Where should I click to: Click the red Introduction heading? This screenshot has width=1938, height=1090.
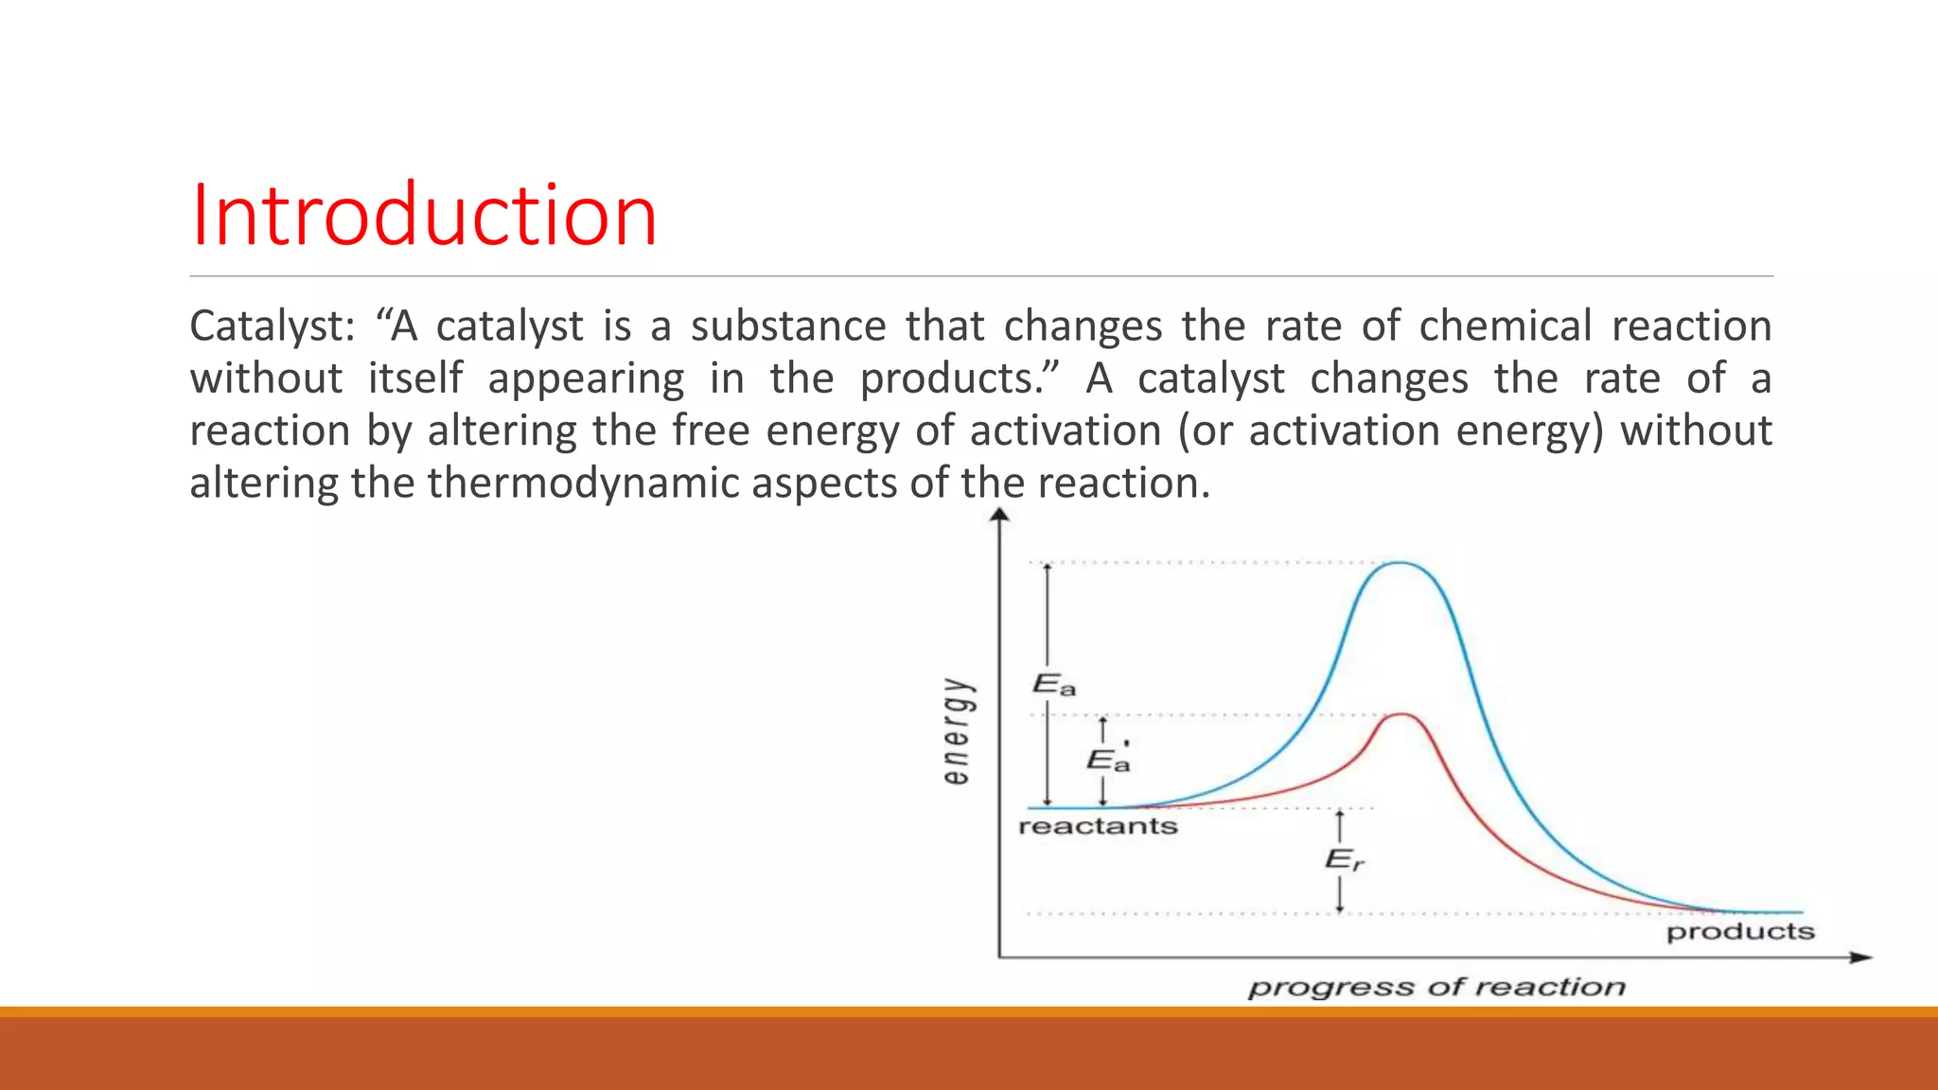pos(423,216)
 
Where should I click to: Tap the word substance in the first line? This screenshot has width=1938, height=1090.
pos(787,326)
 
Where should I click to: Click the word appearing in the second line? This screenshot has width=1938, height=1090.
pos(586,379)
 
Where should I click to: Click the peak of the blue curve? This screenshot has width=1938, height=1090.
pos(1400,563)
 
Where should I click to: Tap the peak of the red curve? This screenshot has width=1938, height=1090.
pos(1401,714)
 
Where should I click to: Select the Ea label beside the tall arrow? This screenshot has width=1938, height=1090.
pos(1053,684)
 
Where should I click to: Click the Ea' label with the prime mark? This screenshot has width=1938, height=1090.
pos(1108,760)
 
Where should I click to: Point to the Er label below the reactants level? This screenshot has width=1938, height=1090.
pos(1344,860)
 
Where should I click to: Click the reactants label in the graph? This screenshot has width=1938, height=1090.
pos(1098,827)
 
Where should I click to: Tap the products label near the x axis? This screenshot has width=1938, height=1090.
pos(1739,932)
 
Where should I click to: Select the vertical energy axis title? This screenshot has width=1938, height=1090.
pos(957,730)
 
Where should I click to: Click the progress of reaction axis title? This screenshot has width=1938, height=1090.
pos(1436,987)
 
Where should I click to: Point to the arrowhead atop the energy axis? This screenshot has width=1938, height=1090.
pos(999,515)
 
